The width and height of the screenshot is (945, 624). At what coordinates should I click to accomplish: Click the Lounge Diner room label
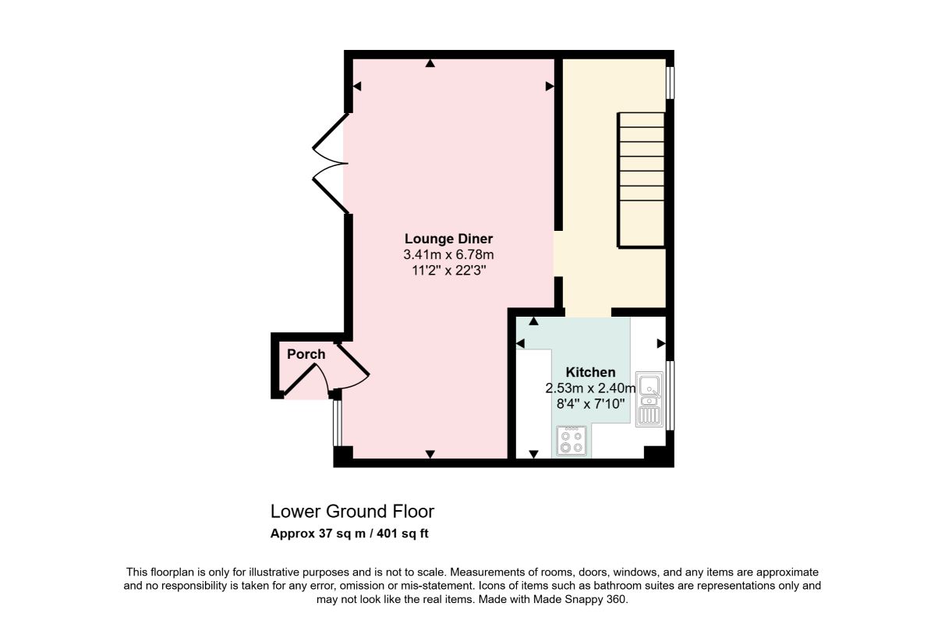tap(448, 239)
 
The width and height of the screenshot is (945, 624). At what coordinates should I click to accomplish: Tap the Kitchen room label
tap(590, 372)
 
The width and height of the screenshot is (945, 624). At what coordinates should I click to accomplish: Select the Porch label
tap(306, 354)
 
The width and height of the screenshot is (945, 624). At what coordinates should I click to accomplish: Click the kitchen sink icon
tap(649, 399)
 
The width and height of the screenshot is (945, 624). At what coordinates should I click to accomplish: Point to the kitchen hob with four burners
tap(572, 441)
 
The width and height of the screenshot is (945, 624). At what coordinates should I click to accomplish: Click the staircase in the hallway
tap(641, 179)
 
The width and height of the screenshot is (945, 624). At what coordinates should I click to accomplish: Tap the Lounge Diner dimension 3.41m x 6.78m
tap(448, 255)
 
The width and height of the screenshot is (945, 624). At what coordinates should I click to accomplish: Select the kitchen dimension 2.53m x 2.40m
tap(590, 388)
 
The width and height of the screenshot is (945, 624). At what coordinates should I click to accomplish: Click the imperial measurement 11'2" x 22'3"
tap(449, 270)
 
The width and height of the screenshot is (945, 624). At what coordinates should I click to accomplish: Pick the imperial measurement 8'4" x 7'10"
tap(590, 404)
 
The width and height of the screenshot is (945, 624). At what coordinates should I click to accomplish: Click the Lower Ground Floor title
tap(352, 512)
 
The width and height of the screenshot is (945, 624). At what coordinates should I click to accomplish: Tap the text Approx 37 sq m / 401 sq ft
tap(349, 534)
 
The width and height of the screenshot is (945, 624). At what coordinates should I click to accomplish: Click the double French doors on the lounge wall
tap(330, 163)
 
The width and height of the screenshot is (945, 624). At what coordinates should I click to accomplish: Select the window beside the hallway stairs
tap(670, 82)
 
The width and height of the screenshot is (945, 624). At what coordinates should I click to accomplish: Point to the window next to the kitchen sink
tap(670, 395)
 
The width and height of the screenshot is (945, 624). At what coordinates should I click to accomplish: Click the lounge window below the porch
tap(337, 423)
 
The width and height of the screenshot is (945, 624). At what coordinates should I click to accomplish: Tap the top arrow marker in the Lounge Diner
tap(430, 63)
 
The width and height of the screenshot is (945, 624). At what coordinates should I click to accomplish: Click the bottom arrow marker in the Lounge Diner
tap(430, 454)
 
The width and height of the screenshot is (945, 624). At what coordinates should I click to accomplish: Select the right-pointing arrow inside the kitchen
tap(661, 344)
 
